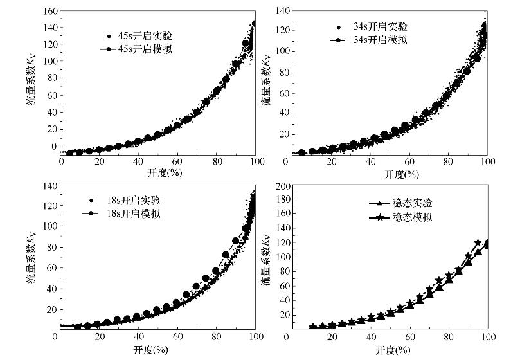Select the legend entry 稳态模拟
coord(406,217)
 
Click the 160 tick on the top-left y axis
coord(50,11)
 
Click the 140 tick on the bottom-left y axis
coord(47,186)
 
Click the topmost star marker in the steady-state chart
coord(478,243)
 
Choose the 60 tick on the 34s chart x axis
coord(410,163)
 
